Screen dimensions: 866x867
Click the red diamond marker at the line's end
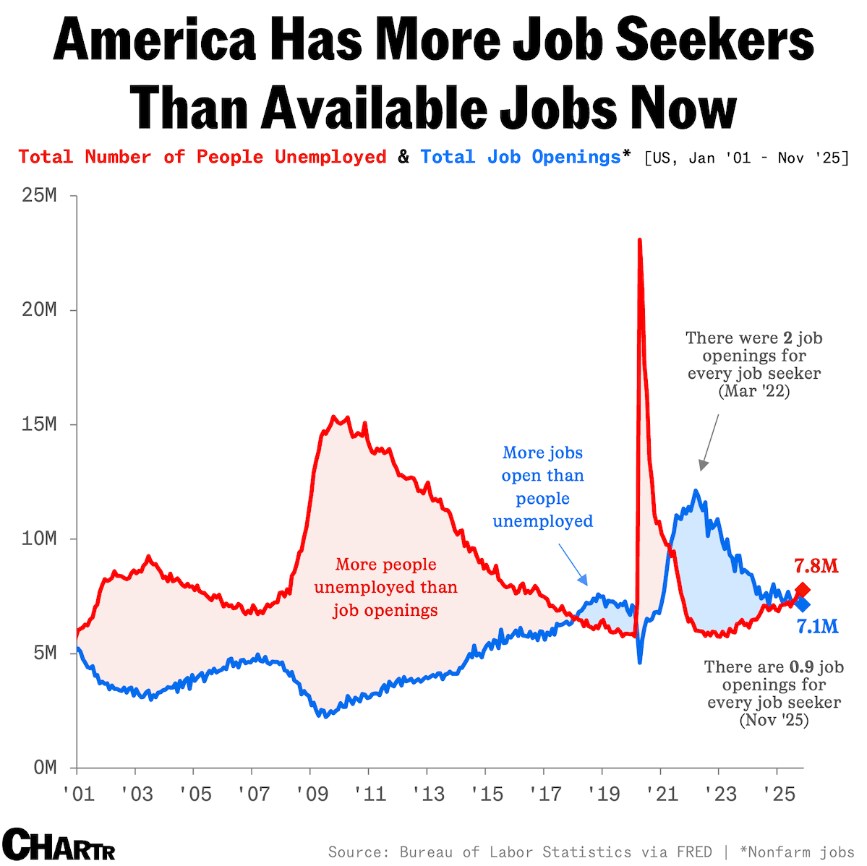pyautogui.click(x=802, y=590)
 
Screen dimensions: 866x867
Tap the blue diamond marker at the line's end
pyautogui.click(x=802, y=604)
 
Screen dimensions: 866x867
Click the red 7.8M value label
pyautogui.click(x=816, y=565)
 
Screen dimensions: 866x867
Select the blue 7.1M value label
pyautogui.click(x=817, y=626)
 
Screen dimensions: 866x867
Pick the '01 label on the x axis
pyautogui.click(x=78, y=794)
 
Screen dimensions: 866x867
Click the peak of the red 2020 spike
pyautogui.click(x=640, y=241)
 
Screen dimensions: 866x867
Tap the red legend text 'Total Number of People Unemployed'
pyautogui.click(x=202, y=157)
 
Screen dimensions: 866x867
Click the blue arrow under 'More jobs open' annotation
pyautogui.click(x=574, y=564)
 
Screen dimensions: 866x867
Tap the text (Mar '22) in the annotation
pyautogui.click(x=753, y=391)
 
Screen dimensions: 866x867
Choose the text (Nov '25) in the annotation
pyautogui.click(x=773, y=720)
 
